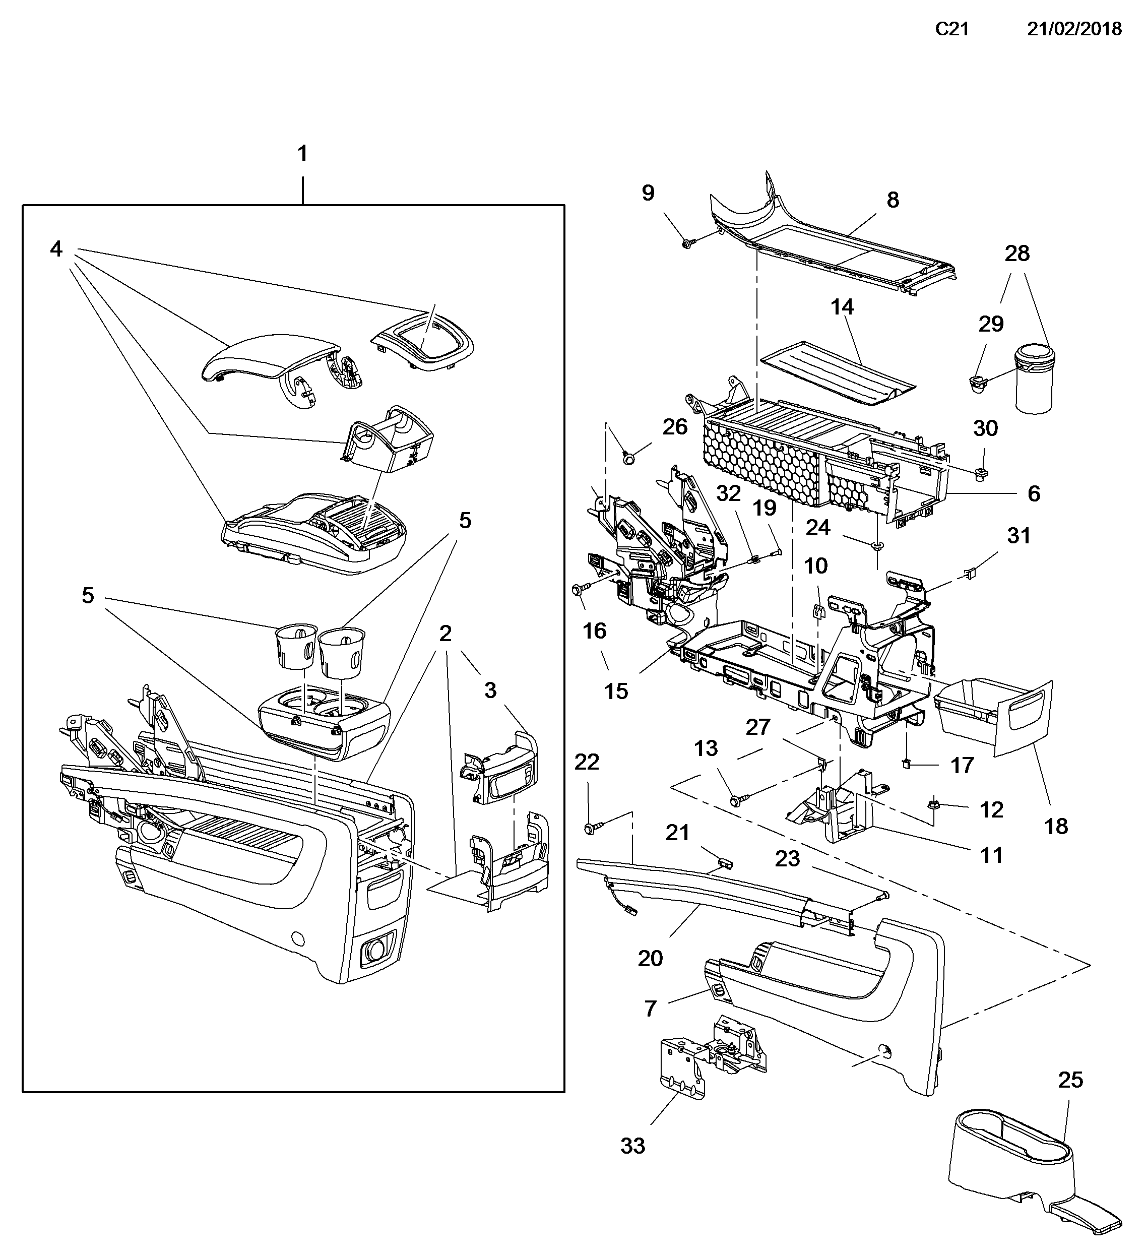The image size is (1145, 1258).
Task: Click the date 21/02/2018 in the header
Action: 1074,29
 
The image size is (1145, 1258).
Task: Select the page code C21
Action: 951,29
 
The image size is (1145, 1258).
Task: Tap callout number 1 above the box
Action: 303,154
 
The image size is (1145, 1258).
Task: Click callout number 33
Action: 632,1146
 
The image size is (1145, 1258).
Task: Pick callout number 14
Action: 842,307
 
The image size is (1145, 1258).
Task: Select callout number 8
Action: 893,200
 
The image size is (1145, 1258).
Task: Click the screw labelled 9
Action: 687,244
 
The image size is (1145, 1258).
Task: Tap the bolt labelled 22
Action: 590,829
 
